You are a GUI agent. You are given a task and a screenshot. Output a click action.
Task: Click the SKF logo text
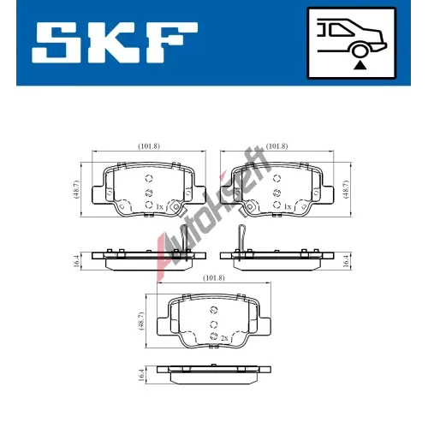tap(115, 43)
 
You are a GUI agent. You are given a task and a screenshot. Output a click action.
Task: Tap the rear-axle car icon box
tap(351, 43)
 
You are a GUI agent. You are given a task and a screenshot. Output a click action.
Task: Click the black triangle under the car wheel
tap(360, 65)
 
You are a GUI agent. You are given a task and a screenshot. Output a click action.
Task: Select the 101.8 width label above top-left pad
tap(149, 146)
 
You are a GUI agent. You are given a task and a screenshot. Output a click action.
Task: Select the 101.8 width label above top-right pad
tap(276, 146)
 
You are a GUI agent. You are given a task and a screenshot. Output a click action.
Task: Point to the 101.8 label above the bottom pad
tap(214, 277)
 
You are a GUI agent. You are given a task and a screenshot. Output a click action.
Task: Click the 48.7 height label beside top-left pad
tap(76, 189)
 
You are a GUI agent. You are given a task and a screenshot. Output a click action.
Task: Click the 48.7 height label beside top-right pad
tap(346, 189)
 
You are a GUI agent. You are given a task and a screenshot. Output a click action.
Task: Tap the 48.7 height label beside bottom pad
tap(141, 321)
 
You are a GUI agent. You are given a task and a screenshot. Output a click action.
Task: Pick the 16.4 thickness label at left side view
tap(76, 261)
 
